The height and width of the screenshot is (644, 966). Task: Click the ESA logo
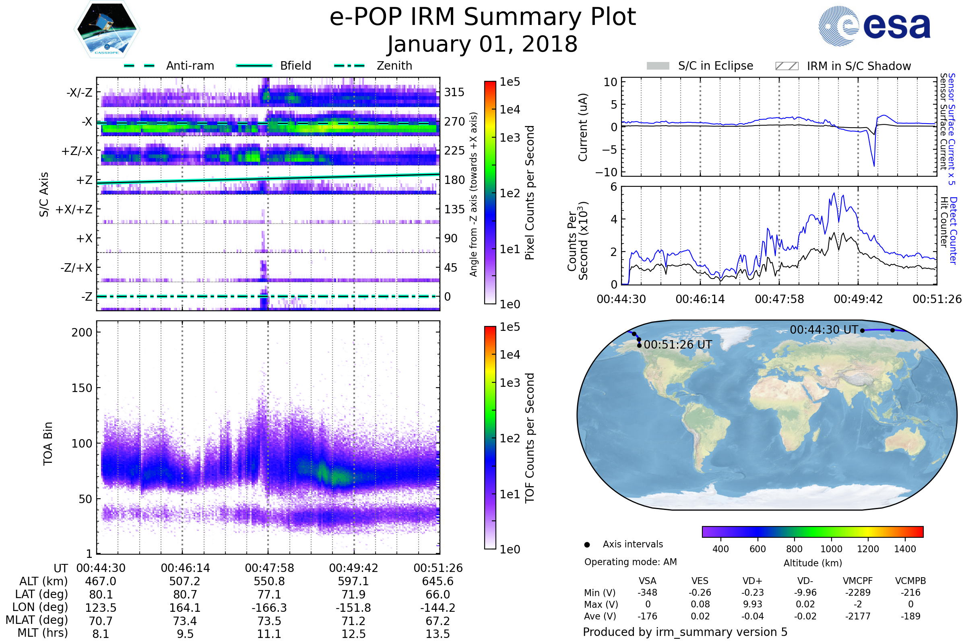click(x=875, y=26)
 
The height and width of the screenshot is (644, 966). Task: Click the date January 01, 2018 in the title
click(x=483, y=44)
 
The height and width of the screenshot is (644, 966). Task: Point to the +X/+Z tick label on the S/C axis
click(x=74, y=209)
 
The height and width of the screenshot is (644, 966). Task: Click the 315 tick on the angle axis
click(x=454, y=92)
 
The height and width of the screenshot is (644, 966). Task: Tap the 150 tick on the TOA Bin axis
click(x=82, y=388)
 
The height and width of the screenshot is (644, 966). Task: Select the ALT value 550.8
click(x=269, y=582)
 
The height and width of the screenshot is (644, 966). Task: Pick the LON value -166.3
click(x=269, y=608)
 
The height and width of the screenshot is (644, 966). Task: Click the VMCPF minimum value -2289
click(x=858, y=592)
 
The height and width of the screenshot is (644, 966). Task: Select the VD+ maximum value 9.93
click(x=752, y=605)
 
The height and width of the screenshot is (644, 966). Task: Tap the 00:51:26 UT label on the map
click(x=678, y=345)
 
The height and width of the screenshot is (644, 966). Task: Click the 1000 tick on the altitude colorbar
click(x=831, y=549)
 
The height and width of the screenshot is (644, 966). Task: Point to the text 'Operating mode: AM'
click(x=630, y=562)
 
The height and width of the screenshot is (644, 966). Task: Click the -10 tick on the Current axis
click(x=607, y=172)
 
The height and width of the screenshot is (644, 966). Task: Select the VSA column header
click(x=648, y=581)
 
